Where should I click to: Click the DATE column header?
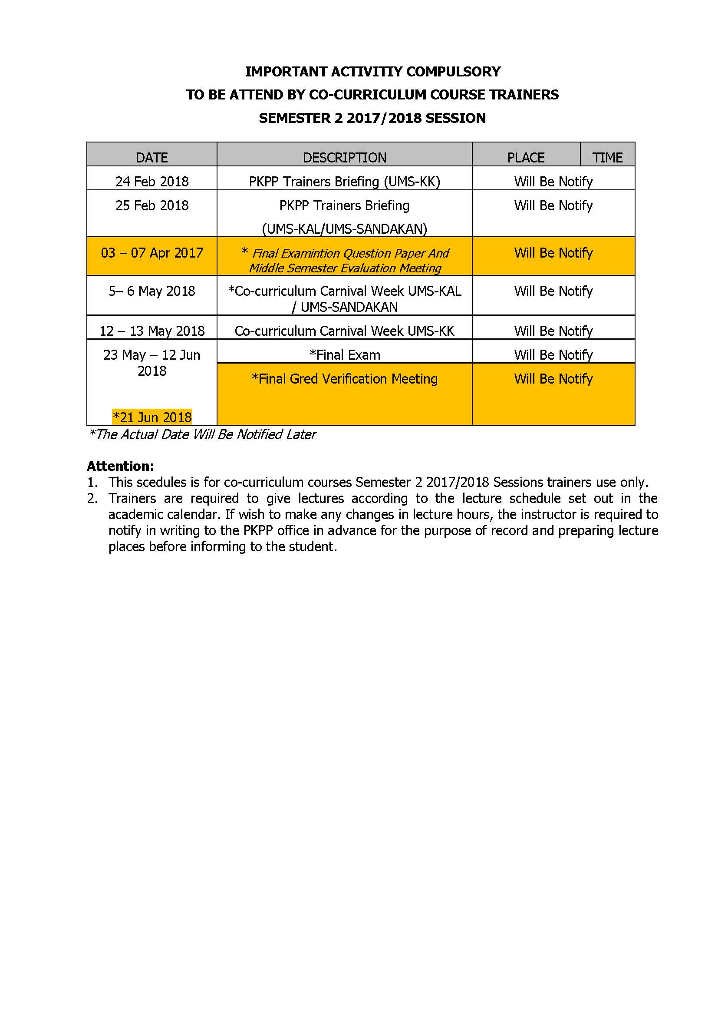[152, 158]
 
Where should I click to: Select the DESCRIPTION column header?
[344, 158]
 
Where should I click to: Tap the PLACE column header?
[526, 158]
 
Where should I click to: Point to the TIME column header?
[607, 158]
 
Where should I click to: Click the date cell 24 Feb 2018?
[152, 182]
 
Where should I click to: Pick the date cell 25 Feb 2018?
[152, 205]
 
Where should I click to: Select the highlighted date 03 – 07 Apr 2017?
[152, 253]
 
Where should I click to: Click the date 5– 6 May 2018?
[152, 291]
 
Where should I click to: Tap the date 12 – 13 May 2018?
[152, 331]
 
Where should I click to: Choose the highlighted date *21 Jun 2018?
[152, 417]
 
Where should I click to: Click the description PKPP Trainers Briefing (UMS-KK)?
[344, 182]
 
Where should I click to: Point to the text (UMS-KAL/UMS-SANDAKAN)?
[344, 229]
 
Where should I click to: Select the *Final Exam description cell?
[344, 355]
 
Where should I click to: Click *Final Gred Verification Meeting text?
[344, 379]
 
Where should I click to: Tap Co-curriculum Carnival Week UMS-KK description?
[344, 331]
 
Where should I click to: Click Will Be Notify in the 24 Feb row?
[553, 182]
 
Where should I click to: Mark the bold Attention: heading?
[120, 466]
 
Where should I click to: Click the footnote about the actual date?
[202, 434]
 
